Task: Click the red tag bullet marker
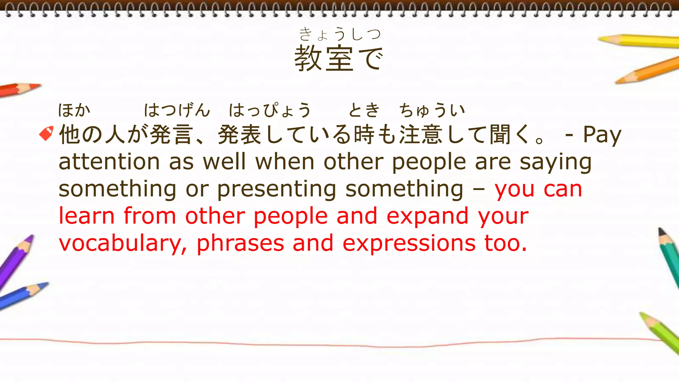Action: (46, 133)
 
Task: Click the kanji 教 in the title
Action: (308, 58)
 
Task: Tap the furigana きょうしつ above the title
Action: (339, 34)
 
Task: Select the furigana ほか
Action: (74, 110)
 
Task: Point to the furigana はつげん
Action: (177, 110)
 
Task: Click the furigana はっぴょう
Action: (270, 110)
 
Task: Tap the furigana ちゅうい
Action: (432, 110)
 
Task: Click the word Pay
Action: (602, 135)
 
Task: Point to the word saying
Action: (555, 162)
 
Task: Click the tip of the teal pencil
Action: (660, 229)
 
